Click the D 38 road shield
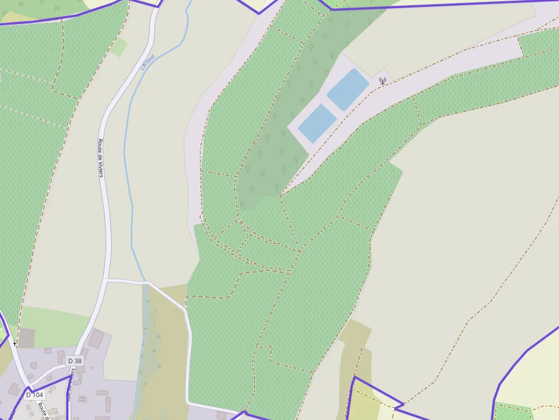pos(75,361)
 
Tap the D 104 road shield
pos(34,395)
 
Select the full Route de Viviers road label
pos(100,158)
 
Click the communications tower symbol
pos(382,81)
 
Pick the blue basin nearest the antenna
pos(348,89)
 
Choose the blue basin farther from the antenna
pos(318,124)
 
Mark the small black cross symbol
pos(14,344)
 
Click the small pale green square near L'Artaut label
pos(119,47)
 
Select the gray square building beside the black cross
pos(26,338)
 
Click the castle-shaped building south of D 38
pos(83,398)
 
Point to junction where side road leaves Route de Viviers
pos(107,280)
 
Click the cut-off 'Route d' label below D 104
pos(42,410)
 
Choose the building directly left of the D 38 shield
pos(61,357)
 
